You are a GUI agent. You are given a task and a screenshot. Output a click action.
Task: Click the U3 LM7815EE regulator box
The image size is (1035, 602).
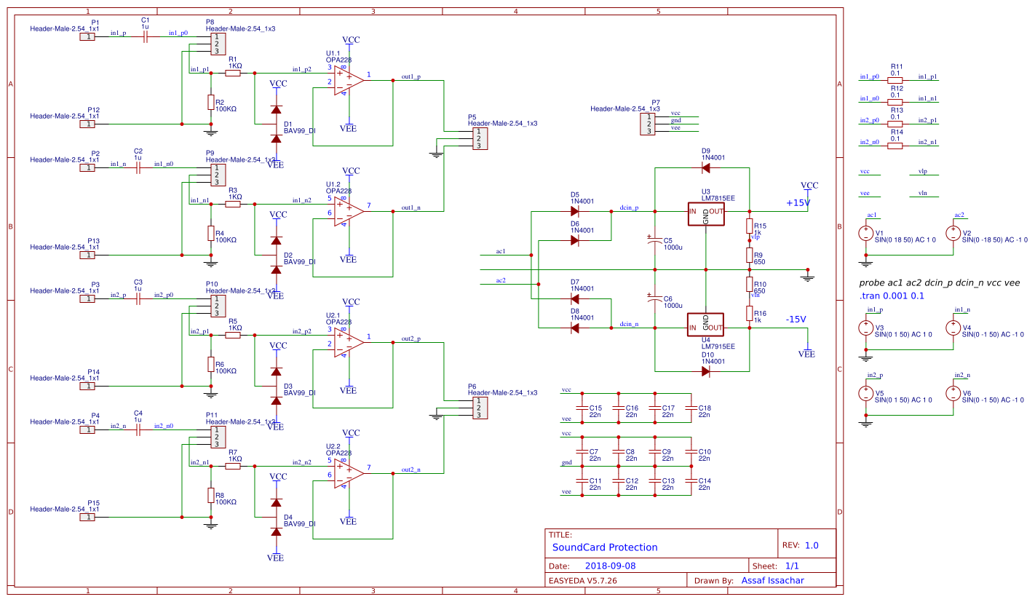click(x=706, y=212)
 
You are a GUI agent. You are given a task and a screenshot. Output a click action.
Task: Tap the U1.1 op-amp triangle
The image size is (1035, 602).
click(x=349, y=80)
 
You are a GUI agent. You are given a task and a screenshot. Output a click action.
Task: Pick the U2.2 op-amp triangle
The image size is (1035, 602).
click(x=349, y=473)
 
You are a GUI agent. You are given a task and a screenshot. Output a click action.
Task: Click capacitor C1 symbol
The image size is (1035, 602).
click(x=145, y=36)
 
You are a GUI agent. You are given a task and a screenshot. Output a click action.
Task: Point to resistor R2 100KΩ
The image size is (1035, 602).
click(x=210, y=103)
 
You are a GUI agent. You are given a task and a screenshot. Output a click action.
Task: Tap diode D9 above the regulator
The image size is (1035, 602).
click(x=705, y=168)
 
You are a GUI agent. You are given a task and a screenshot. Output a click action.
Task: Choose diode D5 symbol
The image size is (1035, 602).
click(x=574, y=212)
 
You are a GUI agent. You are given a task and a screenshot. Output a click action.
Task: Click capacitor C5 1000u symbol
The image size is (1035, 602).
click(x=654, y=239)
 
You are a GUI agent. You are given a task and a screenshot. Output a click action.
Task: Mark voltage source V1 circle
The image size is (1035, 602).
click(x=865, y=234)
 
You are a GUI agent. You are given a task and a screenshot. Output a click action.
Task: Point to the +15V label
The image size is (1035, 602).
click(x=798, y=203)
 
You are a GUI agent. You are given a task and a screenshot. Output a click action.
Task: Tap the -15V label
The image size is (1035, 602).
click(x=796, y=319)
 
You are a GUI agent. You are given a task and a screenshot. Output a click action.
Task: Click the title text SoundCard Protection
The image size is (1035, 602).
click(x=605, y=547)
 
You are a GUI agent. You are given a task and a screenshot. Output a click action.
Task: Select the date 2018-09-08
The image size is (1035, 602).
click(x=610, y=566)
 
